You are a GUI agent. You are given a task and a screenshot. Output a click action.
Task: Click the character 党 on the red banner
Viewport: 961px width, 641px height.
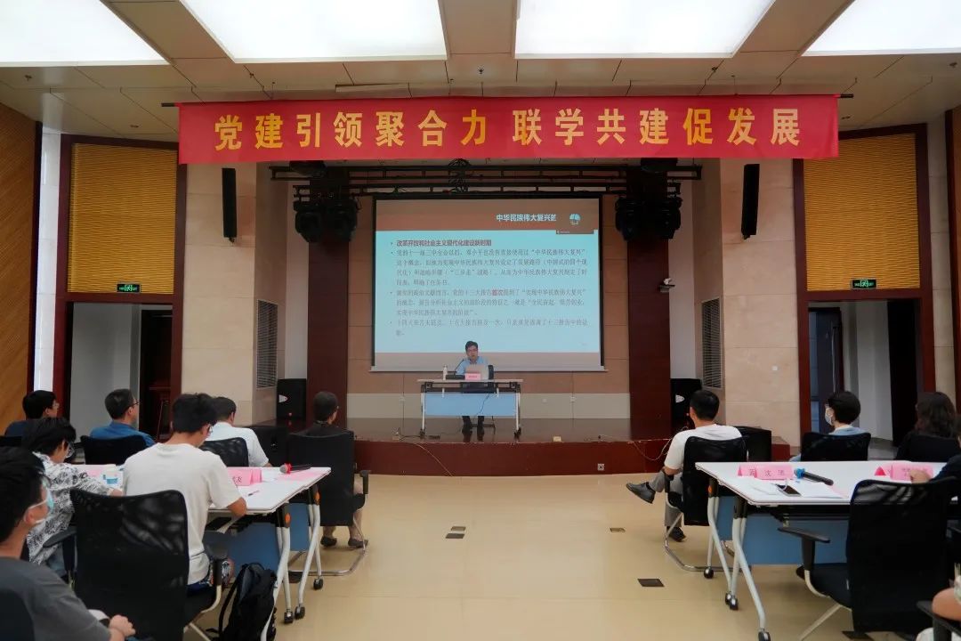tap(228, 132)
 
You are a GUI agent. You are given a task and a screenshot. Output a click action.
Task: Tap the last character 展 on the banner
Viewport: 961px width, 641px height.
tap(785, 127)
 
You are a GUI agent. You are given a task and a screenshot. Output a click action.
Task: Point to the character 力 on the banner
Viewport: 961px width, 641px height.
tap(473, 130)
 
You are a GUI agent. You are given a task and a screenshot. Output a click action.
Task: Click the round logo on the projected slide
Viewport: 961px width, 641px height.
tap(575, 218)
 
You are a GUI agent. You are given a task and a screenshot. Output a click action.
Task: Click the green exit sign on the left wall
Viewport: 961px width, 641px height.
tap(128, 288)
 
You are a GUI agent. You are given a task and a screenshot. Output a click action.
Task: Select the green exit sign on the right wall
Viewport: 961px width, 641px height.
tap(862, 284)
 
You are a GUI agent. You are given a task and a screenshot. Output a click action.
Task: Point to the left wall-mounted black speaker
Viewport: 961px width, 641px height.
tap(230, 203)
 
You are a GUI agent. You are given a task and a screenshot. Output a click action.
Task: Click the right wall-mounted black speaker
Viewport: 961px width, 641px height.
tap(750, 200)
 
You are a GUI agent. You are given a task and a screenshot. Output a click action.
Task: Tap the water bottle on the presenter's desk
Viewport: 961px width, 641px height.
tap(445, 370)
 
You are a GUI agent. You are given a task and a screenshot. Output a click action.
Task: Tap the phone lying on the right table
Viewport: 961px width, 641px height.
tap(787, 488)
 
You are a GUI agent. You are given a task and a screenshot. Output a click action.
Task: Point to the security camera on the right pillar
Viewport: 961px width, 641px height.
tap(666, 285)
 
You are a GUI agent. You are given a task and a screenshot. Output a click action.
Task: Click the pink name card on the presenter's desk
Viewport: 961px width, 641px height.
tap(472, 376)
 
